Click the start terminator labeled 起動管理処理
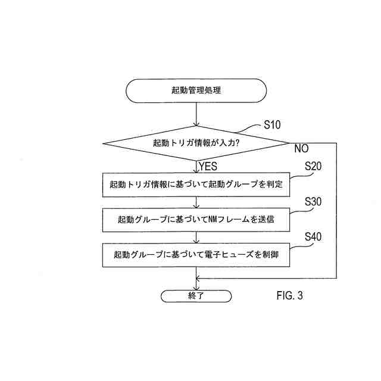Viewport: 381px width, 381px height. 196,90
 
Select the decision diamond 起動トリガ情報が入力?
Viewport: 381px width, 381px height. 196,143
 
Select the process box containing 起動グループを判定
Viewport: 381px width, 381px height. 196,185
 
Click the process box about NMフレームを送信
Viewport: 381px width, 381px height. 196,220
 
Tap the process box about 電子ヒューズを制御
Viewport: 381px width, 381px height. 196,254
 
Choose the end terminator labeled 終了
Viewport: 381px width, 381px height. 196,295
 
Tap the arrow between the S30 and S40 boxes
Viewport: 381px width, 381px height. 196,237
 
